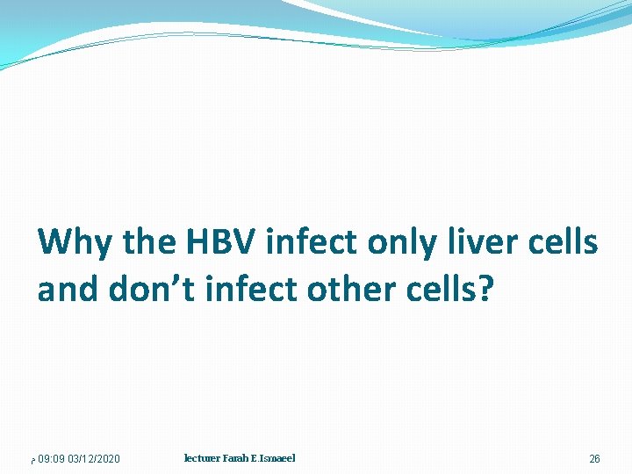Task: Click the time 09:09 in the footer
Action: [50, 459]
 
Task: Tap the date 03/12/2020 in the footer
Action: [94, 459]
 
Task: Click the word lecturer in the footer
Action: [203, 458]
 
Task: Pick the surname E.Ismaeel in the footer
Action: [276, 458]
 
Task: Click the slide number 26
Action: [594, 459]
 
